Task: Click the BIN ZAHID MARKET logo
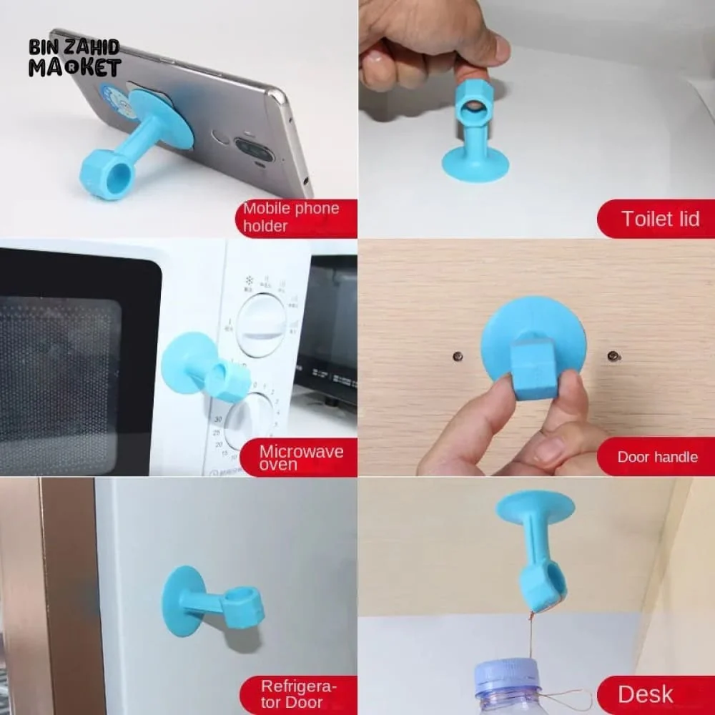point(75,58)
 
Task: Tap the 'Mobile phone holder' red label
point(297,218)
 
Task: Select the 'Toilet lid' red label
point(656,219)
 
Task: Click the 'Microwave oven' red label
point(299,457)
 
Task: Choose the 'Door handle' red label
point(656,456)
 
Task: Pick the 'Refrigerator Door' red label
point(299,695)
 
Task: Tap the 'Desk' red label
point(656,695)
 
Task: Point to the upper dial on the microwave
point(261,325)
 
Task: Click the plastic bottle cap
point(506,676)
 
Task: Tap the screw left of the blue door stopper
point(458,355)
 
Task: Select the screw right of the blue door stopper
point(613,355)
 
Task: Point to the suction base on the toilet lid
point(475,163)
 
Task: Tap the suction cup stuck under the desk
point(535,507)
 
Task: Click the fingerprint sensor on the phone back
point(218,136)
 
